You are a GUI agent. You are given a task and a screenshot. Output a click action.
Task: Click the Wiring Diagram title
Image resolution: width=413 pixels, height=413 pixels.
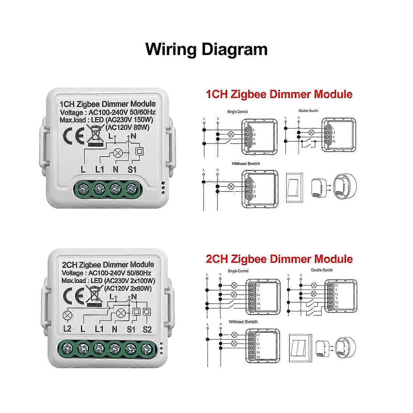[x=206, y=49]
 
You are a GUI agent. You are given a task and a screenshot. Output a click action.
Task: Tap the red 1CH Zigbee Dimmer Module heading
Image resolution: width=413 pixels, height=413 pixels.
[x=279, y=94]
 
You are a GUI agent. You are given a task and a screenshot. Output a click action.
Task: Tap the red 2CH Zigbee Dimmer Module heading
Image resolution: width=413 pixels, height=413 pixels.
[x=279, y=259]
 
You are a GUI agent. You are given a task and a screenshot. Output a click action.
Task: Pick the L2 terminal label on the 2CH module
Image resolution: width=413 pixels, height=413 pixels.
[x=67, y=329]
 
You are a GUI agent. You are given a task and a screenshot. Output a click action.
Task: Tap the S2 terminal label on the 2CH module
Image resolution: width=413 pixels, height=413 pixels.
[x=147, y=329]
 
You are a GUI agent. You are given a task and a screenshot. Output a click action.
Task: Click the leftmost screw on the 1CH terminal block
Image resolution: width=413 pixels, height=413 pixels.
[x=83, y=188]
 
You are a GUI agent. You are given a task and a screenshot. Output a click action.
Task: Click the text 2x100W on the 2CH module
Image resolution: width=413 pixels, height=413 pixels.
[x=141, y=281]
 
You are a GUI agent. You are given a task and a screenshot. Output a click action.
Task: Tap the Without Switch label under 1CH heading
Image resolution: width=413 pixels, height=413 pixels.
[x=246, y=163]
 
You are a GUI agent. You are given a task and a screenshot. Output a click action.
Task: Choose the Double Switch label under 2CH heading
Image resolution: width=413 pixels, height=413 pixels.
[x=322, y=270]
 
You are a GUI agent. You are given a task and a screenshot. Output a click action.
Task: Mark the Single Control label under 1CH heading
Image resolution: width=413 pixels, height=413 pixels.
[x=237, y=112]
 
